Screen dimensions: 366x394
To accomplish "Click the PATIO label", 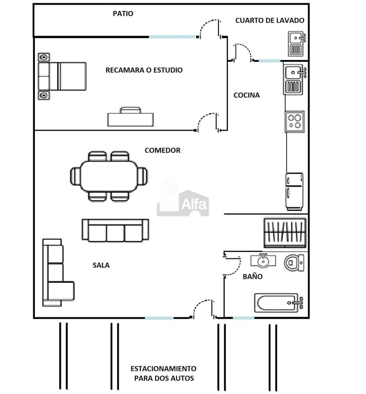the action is tap(123, 14).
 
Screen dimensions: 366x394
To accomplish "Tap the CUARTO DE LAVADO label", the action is tap(270, 20).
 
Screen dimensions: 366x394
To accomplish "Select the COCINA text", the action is tap(246, 95).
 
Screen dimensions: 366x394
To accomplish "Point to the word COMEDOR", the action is tap(163, 150).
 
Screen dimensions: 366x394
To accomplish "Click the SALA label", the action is tap(101, 265).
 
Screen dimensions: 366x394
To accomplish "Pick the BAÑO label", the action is tap(252, 276).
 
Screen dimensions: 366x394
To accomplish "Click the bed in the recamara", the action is tap(62, 77).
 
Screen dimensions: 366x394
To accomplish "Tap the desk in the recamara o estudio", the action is tap(131, 117).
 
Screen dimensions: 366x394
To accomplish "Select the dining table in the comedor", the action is tap(109, 176).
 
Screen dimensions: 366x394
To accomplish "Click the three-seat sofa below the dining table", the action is tap(115, 230).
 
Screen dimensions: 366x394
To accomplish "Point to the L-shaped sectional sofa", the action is tap(58, 273).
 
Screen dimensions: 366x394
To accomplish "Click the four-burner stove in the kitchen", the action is tap(295, 122).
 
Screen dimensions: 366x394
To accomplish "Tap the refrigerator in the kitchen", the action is tap(294, 191).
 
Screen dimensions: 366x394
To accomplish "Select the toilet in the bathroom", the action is tap(294, 263).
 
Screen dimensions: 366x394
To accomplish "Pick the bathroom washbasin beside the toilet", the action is tap(263, 260).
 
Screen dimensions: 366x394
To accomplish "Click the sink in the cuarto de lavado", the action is tap(297, 44).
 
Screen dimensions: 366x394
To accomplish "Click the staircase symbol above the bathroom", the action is tap(285, 233).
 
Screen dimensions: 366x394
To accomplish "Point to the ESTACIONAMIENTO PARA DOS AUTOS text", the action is tap(164, 373).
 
